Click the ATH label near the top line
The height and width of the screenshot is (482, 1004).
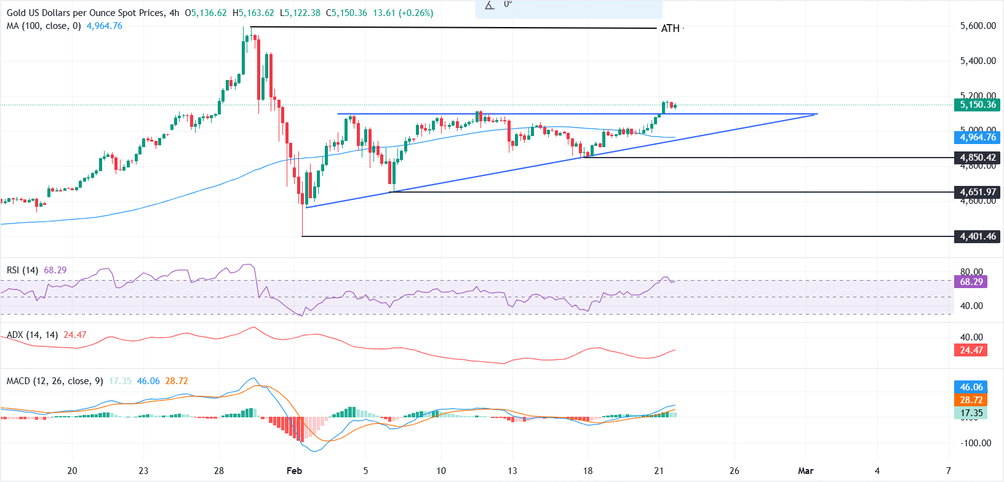click(670, 28)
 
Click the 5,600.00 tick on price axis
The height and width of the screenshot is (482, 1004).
click(978, 26)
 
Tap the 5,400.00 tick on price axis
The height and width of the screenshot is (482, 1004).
click(978, 61)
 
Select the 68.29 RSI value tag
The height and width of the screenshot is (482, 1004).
click(971, 282)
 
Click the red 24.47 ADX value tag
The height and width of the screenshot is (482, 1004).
click(971, 350)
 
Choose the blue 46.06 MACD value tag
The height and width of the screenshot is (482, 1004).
click(971, 387)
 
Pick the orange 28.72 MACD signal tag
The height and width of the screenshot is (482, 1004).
click(971, 400)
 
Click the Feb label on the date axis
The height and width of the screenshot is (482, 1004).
click(294, 471)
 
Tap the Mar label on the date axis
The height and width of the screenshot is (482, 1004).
click(805, 471)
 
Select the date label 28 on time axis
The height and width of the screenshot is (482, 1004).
click(219, 471)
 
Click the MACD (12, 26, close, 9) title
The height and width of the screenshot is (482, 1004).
click(55, 381)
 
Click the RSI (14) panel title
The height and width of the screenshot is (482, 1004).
click(23, 270)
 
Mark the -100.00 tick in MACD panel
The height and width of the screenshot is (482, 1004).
click(976, 443)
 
